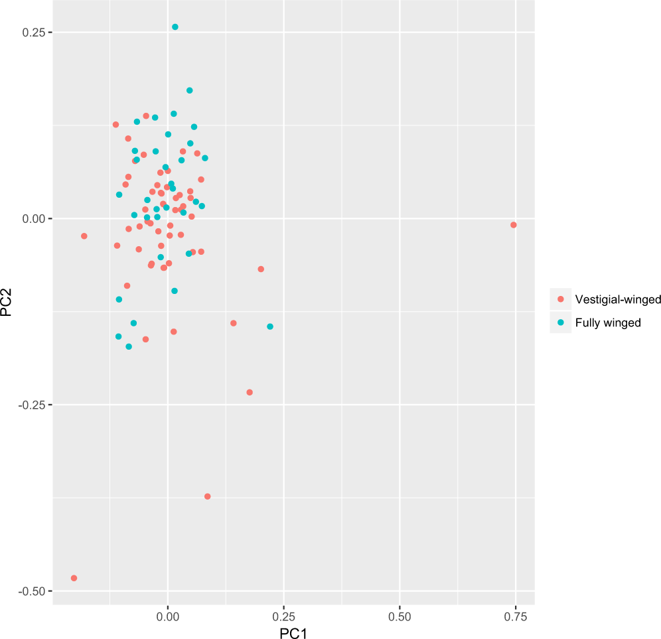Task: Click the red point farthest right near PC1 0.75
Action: click(x=513, y=225)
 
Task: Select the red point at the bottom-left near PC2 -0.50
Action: click(x=74, y=578)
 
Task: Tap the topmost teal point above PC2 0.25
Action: click(x=175, y=27)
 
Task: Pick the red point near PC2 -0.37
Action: click(x=208, y=496)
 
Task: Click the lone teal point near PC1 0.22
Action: click(x=270, y=326)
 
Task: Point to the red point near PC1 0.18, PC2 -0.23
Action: click(x=250, y=392)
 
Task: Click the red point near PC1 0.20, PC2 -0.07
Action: click(x=261, y=269)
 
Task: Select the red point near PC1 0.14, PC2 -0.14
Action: click(x=233, y=323)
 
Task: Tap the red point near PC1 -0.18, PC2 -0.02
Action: click(x=84, y=236)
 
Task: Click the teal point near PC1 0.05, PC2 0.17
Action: click(x=189, y=90)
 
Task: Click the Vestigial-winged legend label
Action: click(x=608, y=299)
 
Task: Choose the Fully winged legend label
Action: click(x=608, y=322)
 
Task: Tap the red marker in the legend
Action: click(x=561, y=299)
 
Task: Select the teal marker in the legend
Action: click(x=561, y=322)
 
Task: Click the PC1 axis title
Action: click(x=293, y=633)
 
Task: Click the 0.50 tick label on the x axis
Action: click(x=400, y=616)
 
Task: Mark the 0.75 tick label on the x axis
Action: click(x=515, y=616)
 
